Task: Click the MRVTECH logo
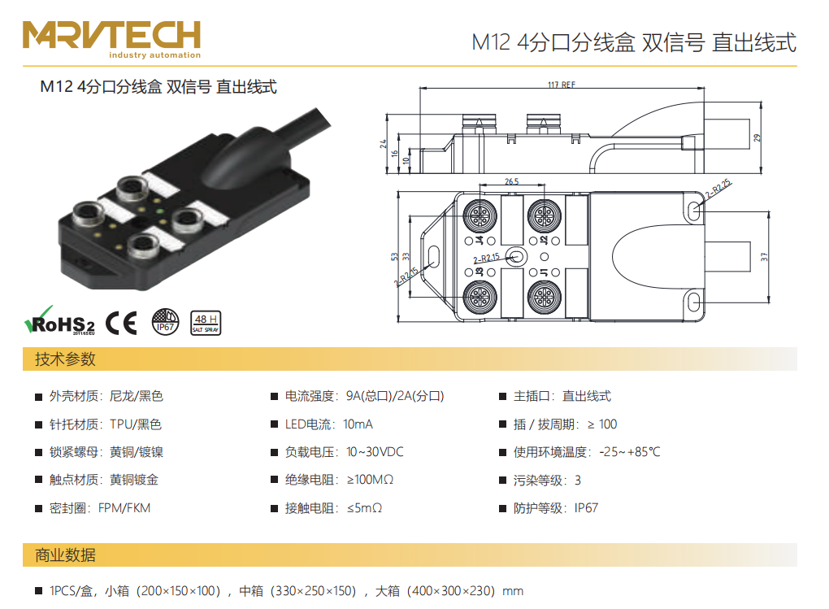tap(111, 39)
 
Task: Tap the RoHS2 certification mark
tap(60, 321)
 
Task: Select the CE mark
tap(121, 323)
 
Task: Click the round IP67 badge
tap(166, 322)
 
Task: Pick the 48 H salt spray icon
tap(206, 323)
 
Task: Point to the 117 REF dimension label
tap(562, 85)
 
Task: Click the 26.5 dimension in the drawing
tap(511, 181)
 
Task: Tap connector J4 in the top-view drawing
tap(480, 216)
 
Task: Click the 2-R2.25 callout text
tap(718, 189)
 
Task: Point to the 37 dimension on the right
tap(763, 257)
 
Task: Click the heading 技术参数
tap(65, 359)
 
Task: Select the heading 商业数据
tap(65, 555)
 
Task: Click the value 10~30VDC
tap(375, 452)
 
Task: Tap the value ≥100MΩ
tap(370, 480)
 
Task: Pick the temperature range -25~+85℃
tap(630, 452)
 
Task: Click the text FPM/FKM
tap(124, 508)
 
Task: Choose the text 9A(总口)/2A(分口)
tap(395, 396)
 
